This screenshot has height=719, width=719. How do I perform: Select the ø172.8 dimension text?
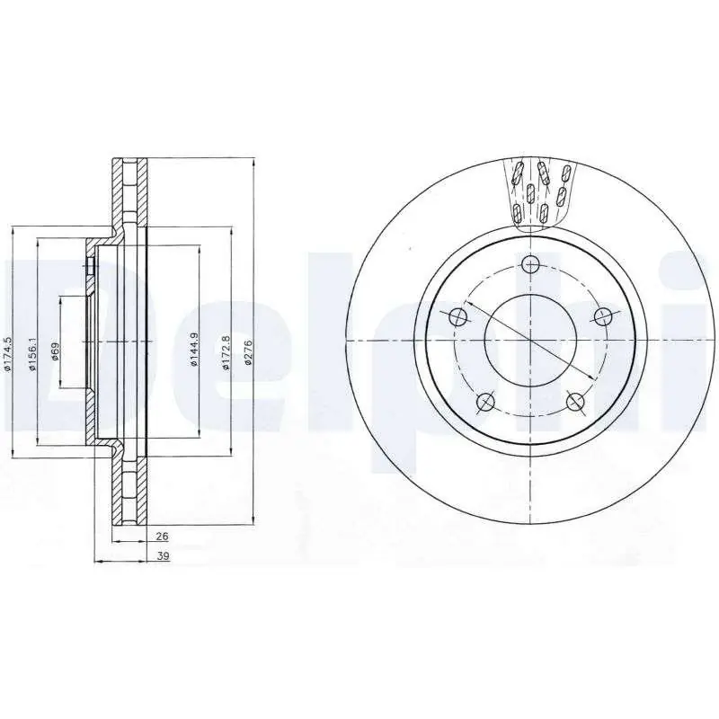[226, 353]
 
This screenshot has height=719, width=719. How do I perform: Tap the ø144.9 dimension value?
[193, 349]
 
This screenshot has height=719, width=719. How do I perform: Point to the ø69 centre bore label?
[55, 351]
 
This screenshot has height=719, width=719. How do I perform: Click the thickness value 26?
[162, 536]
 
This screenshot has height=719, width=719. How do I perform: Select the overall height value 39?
[163, 555]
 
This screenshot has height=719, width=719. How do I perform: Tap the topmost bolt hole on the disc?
[530, 263]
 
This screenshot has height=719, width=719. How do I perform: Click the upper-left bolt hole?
[457, 316]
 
